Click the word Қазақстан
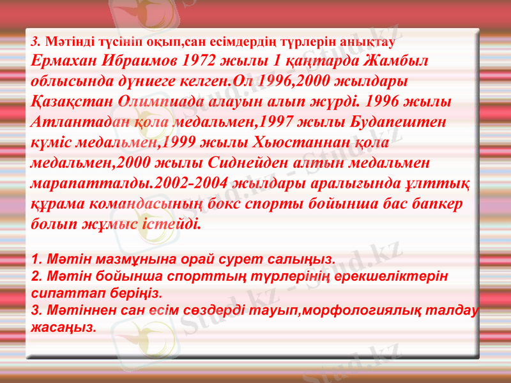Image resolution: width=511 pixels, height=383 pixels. coord(72,102)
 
